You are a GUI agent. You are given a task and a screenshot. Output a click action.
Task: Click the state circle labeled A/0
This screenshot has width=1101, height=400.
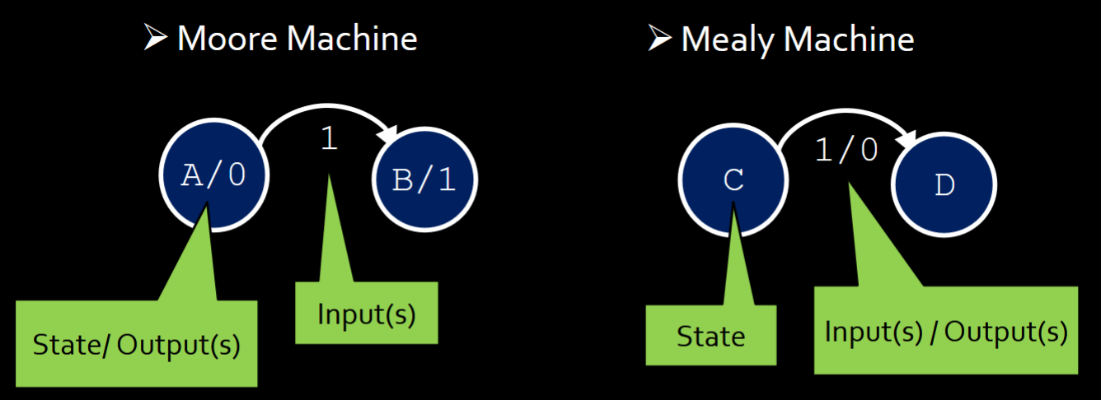coord(213,175)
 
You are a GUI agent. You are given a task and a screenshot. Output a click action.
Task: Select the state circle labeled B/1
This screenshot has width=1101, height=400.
coord(424,180)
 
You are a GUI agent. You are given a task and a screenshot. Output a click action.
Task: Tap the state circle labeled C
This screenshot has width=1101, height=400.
coord(733,180)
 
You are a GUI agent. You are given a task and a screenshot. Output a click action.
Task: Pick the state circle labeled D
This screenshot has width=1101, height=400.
coord(944,185)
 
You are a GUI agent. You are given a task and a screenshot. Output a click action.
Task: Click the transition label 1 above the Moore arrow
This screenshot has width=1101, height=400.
coord(329,139)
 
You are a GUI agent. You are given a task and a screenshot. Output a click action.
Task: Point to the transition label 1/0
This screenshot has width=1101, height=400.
coord(846,149)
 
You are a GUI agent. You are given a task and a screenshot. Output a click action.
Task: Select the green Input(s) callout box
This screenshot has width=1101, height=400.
coord(367,314)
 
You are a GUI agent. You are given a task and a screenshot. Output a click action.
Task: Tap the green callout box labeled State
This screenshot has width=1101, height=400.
coord(710,336)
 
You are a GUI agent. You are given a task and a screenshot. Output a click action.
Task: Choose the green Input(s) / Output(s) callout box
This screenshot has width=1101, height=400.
coord(946,331)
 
